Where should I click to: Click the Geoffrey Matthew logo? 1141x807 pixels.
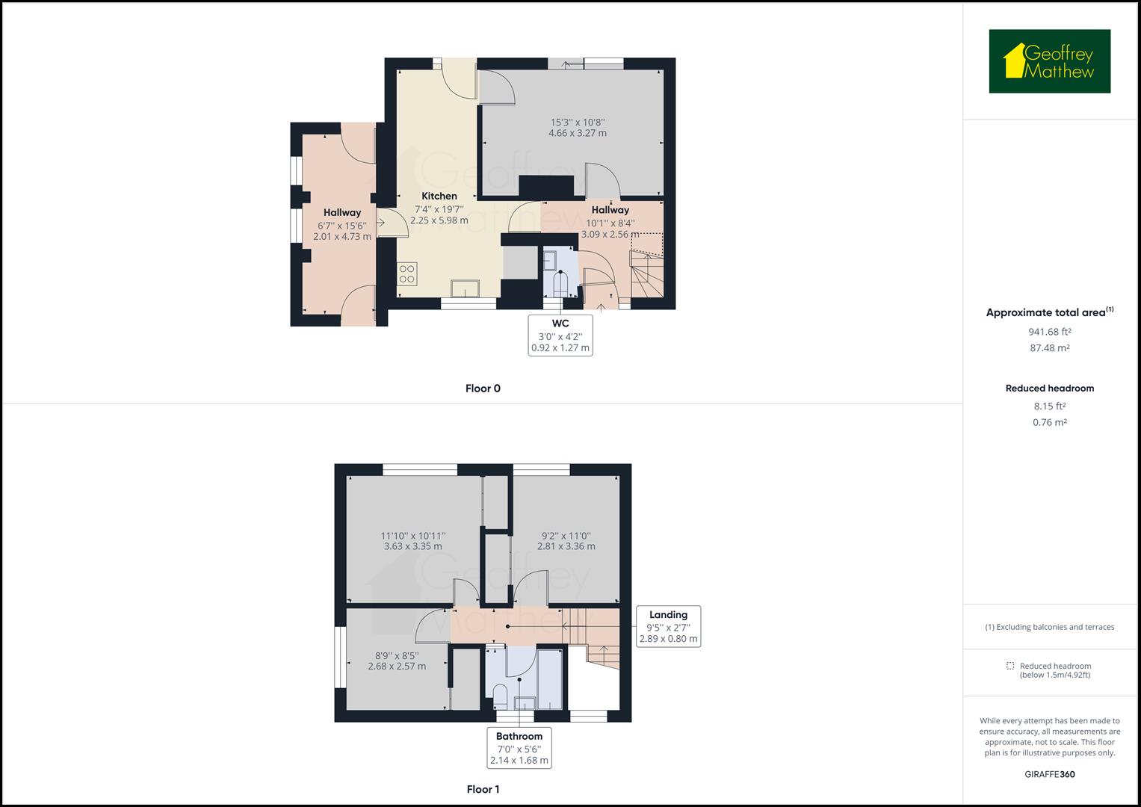1049,61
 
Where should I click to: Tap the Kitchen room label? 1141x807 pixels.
439,196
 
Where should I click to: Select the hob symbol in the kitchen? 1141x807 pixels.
407,273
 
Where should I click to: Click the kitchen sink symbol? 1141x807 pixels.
466,288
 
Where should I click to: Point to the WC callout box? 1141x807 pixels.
560,335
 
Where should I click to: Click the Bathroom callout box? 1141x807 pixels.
519,748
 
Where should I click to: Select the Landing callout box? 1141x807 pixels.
668,626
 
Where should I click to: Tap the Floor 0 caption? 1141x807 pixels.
483,389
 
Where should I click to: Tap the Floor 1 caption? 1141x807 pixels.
483,789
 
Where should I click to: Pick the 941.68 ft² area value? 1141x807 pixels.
1049,332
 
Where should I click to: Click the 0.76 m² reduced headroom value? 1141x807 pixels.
1049,422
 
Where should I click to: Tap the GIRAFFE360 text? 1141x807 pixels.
1049,774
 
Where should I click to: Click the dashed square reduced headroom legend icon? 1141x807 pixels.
1010,666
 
